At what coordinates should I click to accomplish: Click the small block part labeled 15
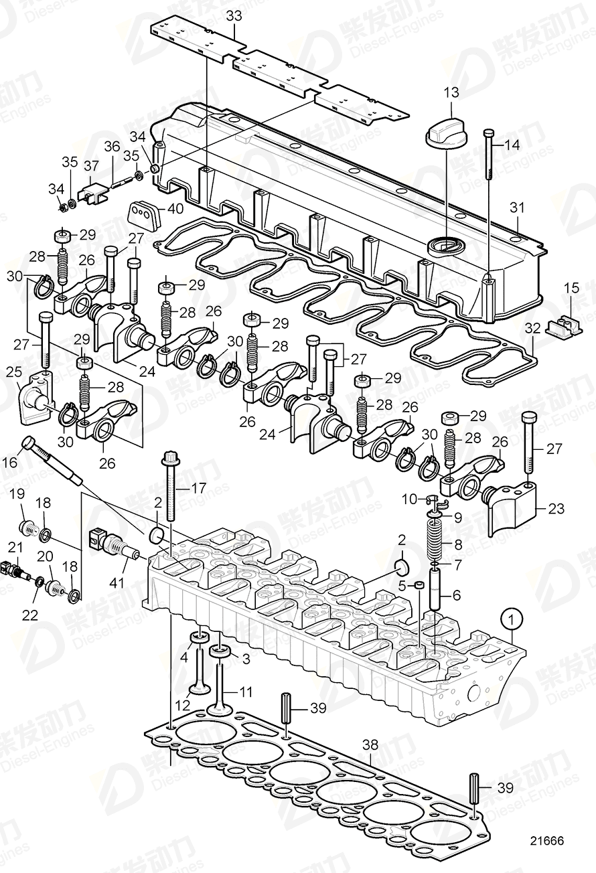click(561, 326)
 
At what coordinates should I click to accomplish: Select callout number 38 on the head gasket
click(370, 744)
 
